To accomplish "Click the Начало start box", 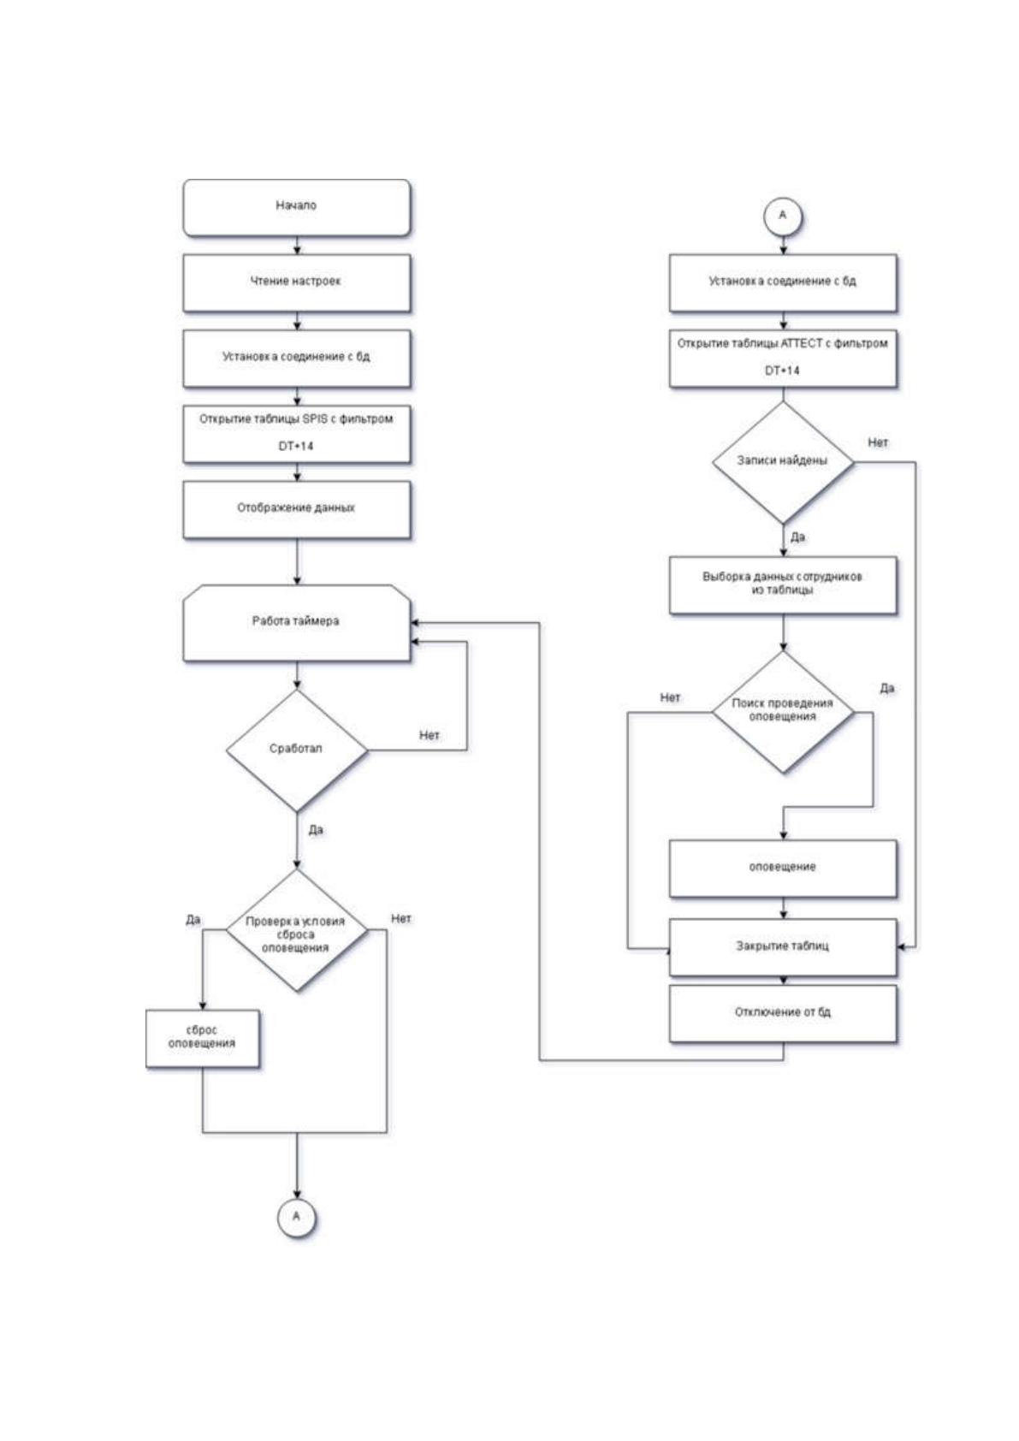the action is point(297,207).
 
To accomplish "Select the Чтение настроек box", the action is point(297,283).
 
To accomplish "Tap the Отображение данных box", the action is point(297,509).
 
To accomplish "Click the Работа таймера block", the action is point(297,623).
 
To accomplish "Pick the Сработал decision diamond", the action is point(297,750).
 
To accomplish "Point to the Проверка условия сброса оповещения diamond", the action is point(297,930).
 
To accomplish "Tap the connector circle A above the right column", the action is point(783,216).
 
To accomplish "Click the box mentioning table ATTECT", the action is point(783,359).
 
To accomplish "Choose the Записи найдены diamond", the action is point(783,462).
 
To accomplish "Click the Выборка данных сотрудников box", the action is point(783,584).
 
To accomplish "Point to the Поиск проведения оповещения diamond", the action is point(783,711).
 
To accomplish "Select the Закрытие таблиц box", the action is point(783,947).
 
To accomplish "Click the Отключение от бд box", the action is point(783,1014).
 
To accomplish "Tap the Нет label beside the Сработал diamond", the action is point(430,735).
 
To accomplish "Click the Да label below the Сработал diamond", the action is point(315,830).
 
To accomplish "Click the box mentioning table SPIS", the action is point(297,434).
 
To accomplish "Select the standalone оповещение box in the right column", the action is point(783,869).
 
